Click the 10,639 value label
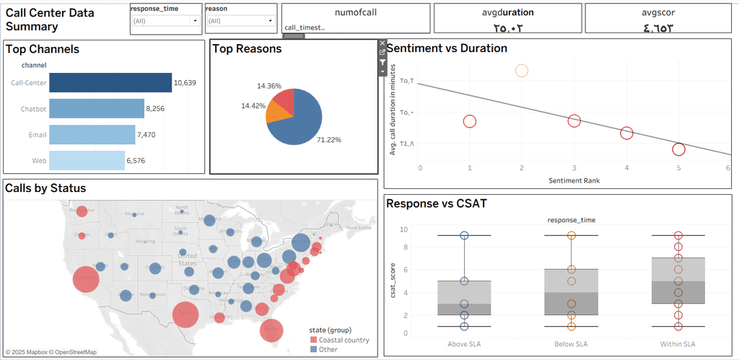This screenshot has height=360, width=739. coord(185,83)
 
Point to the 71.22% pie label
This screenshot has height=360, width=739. coord(329,139)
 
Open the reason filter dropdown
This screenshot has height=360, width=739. coord(270,22)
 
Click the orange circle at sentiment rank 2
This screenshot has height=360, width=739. coord(522,71)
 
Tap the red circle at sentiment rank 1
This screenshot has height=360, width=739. coord(470,121)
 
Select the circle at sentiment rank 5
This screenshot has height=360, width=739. coord(678,149)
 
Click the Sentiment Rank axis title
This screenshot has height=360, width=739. coord(574,180)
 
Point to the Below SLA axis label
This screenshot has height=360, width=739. coord(571,343)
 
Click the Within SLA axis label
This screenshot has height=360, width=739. coord(678,343)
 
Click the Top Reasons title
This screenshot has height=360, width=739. coord(248,49)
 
